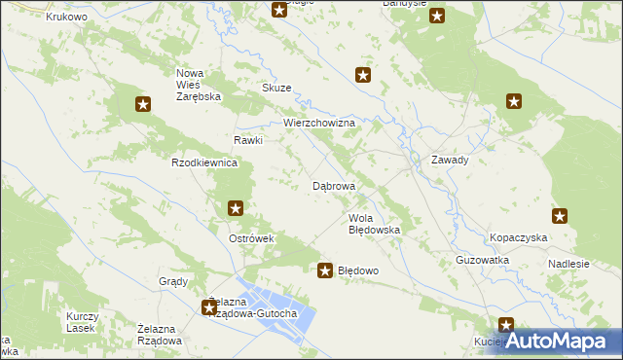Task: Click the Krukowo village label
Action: [67, 17]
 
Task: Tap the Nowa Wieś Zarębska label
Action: [200, 86]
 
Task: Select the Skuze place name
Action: [276, 88]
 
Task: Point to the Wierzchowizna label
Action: [323, 124]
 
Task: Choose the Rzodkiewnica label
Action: [204, 162]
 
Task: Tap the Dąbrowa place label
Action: [334, 185]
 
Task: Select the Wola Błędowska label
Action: [375, 224]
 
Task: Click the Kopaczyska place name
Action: [518, 238]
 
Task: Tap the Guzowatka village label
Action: [483, 261]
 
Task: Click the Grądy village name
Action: [172, 281]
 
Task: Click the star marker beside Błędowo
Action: [324, 270]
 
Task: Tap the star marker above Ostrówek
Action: [236, 207]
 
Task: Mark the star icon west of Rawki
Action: [143, 104]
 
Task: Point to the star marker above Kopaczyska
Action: [560, 216]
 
